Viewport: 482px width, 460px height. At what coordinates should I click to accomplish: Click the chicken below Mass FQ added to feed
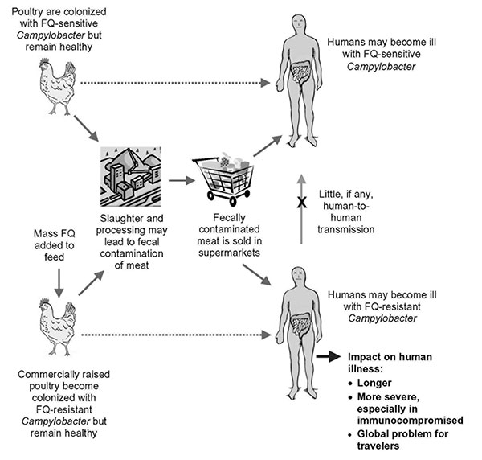coord(58,327)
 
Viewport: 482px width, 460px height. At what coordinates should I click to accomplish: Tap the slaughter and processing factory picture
coord(131,177)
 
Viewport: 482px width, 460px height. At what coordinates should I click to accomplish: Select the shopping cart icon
coord(223,179)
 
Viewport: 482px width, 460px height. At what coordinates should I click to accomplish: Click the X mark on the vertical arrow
coord(302,203)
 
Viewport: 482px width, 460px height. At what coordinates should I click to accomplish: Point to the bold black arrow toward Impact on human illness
coord(329,356)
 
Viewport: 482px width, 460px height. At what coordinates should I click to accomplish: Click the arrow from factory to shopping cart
coord(182,180)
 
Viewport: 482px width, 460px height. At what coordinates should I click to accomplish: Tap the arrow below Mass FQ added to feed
coord(59,283)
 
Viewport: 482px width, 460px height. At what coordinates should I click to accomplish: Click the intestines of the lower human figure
coord(300,325)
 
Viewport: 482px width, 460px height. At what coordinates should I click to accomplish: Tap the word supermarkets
coord(229,253)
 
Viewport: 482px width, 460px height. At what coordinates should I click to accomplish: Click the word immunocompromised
coord(410,421)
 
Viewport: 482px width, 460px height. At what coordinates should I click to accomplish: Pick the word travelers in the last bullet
coord(378,446)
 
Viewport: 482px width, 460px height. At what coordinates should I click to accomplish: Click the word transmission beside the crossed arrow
coord(345,229)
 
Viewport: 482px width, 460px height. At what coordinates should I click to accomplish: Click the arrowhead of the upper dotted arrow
coord(265,83)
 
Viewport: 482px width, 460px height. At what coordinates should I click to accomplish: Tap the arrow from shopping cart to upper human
coord(268,146)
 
